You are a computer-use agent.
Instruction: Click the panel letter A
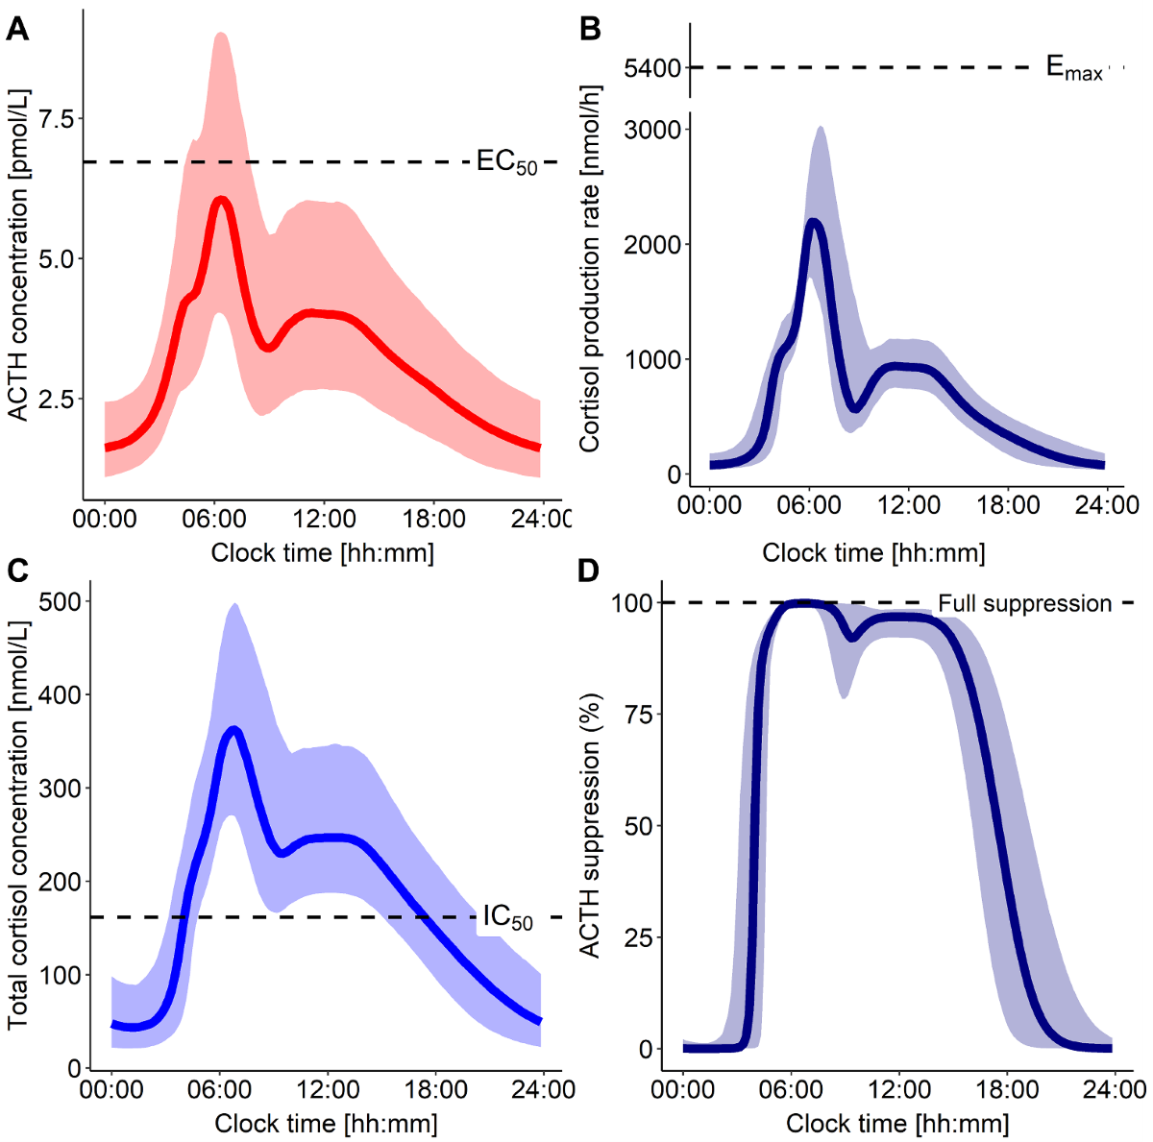point(16,30)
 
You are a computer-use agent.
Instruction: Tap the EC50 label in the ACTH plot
point(506,162)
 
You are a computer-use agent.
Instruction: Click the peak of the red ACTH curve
point(221,200)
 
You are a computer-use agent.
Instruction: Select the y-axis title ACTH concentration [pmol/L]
point(18,255)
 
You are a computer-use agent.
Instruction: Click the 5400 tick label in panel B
point(651,68)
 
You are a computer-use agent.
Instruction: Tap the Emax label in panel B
point(1074,68)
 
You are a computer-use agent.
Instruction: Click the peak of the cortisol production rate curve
point(815,223)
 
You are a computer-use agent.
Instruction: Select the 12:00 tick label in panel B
point(908,505)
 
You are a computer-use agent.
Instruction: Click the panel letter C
point(16,571)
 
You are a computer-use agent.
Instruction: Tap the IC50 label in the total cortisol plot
point(507,918)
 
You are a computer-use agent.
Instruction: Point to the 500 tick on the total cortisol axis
point(60,601)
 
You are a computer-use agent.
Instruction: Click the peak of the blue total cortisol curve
point(233,731)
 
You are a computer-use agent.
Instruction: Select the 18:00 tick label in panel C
point(436,1090)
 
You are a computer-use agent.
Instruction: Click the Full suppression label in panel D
point(1024,604)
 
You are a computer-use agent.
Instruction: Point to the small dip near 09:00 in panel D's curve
point(850,637)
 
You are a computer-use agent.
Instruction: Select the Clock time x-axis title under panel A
point(322,553)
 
